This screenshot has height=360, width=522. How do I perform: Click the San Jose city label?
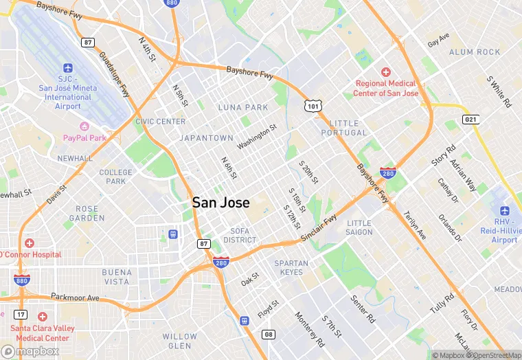(x=220, y=203)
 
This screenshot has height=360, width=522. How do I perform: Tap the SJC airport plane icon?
(x=68, y=68)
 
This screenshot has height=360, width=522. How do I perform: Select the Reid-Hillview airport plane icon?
(x=506, y=210)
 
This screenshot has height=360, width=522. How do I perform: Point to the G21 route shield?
(x=470, y=119)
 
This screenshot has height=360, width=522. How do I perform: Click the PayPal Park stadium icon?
(x=85, y=126)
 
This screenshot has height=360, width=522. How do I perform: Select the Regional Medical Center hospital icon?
(x=386, y=72)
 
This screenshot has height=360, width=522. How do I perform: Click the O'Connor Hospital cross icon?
(x=28, y=243)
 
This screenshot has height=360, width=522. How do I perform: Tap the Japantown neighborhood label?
(x=206, y=138)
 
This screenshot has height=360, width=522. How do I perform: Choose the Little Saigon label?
(x=359, y=227)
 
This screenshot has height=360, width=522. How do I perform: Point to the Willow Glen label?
(x=179, y=341)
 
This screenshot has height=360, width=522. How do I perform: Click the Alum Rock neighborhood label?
(x=475, y=52)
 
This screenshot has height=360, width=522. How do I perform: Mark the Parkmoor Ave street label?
(x=76, y=298)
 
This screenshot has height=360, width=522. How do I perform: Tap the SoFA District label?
(x=240, y=236)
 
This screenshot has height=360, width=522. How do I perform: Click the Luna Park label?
(x=243, y=108)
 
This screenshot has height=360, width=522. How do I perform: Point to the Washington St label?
(x=256, y=137)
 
